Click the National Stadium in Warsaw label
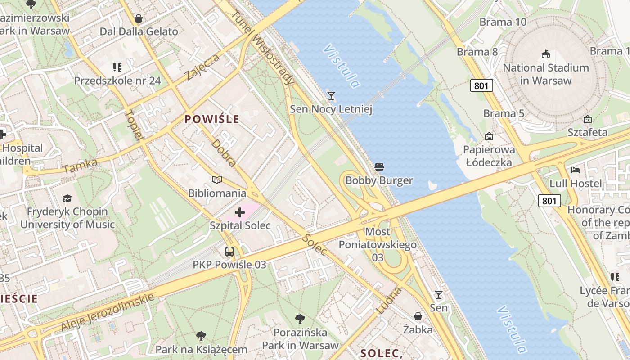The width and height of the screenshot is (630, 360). coord(546,74)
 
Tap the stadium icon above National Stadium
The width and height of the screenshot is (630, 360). coord(546,54)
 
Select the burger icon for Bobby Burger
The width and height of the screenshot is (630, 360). coord(379,167)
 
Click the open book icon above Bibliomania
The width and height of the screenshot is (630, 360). coord(217,180)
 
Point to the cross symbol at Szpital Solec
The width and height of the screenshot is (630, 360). coord(240,212)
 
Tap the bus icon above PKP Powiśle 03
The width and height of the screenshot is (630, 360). coord(229,252)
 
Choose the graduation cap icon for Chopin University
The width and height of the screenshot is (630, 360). coord(67,198)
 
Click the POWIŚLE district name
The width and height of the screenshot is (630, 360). coord(212,120)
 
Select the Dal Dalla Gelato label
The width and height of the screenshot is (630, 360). coord(139,31)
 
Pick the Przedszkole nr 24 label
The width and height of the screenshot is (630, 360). coord(117,81)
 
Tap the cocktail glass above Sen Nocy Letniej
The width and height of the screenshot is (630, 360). coord(331,95)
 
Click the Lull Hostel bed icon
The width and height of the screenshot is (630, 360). coord(576,170)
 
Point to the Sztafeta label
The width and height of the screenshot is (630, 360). coord(587,132)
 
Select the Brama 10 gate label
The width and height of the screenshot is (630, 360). coord(503,22)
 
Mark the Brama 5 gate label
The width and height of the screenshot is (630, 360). coord(504,113)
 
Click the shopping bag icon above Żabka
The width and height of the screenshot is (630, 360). coord(418,316)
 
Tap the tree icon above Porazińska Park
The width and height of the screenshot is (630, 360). coord(300,319)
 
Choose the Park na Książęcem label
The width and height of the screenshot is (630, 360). coord(201,349)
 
